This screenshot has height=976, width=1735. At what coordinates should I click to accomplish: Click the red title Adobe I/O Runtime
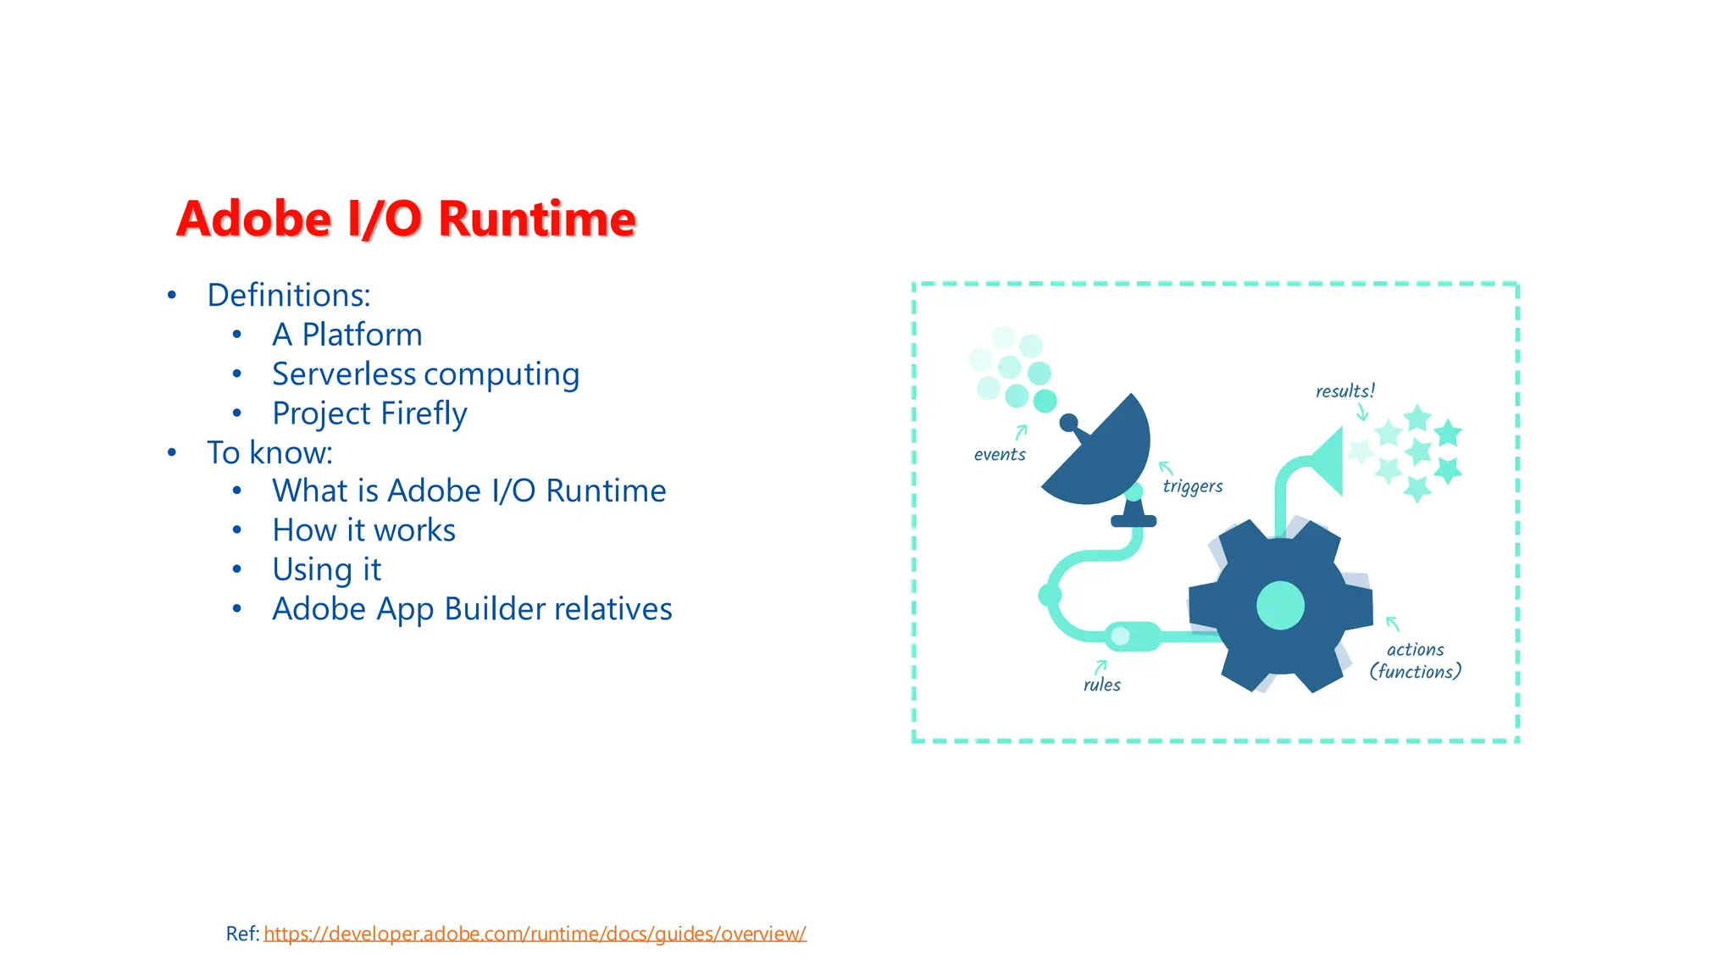(406, 219)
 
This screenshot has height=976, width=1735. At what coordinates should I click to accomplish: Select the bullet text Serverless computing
(425, 374)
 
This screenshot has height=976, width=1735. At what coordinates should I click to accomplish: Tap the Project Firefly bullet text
(369, 413)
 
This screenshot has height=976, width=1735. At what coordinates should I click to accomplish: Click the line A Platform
(346, 335)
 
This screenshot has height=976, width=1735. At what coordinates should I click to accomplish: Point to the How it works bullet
(363, 530)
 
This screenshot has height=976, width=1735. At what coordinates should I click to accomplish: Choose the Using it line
(326, 569)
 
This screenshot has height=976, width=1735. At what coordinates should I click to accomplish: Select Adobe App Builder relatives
(472, 609)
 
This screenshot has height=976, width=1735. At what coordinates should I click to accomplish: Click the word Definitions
(288, 295)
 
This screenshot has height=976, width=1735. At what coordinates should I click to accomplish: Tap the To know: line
(269, 452)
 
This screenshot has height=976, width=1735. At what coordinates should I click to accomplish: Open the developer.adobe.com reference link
(535, 934)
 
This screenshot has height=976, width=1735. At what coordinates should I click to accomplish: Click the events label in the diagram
(1000, 455)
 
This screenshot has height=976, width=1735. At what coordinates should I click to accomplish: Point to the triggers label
(1192, 486)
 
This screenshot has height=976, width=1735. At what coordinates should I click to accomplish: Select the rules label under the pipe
(1101, 685)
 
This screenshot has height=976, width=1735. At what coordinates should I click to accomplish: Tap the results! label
(1344, 391)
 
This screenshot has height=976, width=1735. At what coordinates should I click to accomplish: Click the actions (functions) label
(1415, 661)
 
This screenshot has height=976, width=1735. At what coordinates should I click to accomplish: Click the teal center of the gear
(1280, 606)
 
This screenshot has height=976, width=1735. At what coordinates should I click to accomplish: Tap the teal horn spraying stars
(1324, 462)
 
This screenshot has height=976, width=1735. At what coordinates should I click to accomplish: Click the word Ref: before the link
(242, 934)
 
